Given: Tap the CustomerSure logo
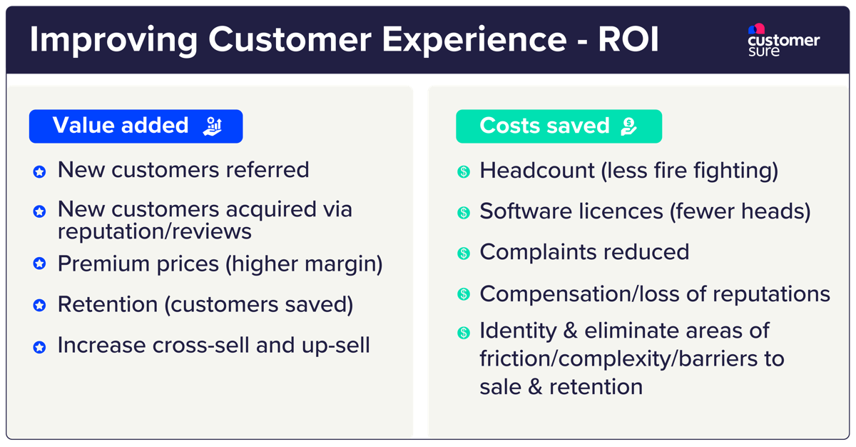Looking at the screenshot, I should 783,41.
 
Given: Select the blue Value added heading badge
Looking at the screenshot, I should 136,126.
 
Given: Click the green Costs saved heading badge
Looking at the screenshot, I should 559,126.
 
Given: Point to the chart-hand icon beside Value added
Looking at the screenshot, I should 213,126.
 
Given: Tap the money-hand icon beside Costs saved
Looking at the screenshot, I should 628,126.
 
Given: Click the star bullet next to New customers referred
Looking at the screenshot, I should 40,172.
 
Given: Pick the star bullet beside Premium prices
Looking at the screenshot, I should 40,264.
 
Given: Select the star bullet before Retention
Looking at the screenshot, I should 40,306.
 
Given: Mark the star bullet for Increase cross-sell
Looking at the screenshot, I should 40,347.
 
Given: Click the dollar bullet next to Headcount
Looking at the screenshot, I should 464,172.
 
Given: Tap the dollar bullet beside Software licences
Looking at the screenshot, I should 464,212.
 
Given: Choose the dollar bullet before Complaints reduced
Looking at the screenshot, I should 464,253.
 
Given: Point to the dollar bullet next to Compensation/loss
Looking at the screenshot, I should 464,293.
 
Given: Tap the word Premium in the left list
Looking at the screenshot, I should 102,263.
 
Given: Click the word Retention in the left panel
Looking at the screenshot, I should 108,305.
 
